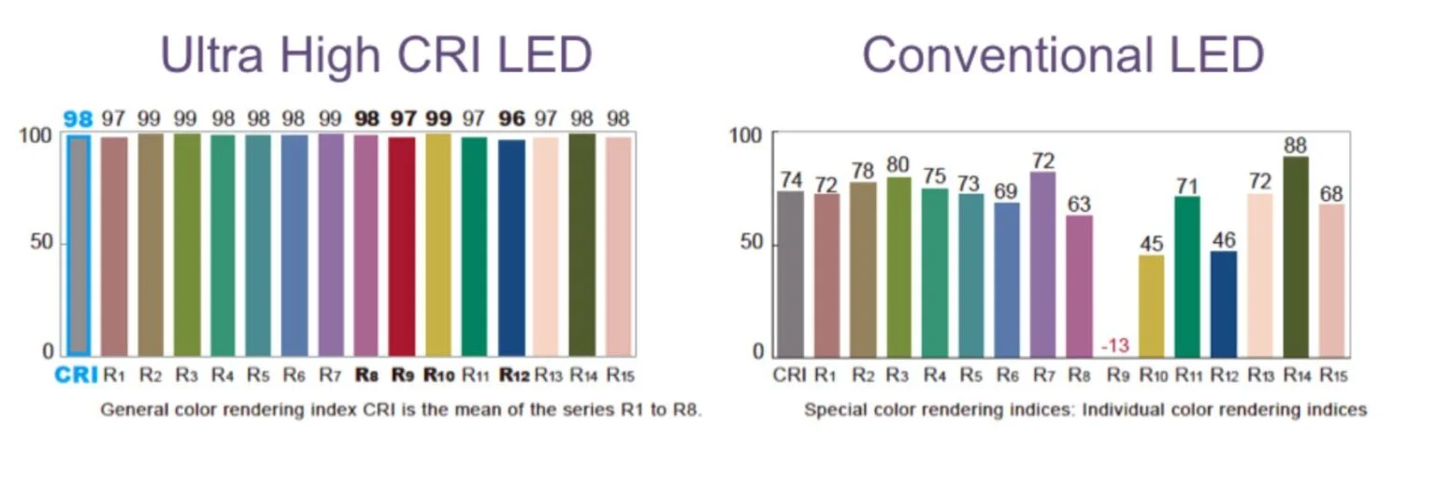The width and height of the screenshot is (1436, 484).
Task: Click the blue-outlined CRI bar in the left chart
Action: coord(79,245)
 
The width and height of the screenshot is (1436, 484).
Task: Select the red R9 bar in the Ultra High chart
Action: coord(401,246)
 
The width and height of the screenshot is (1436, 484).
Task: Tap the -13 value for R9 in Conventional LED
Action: coord(1115,346)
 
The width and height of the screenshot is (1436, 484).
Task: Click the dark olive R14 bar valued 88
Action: coord(1296,256)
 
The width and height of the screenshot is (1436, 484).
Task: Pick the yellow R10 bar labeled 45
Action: coord(1152,306)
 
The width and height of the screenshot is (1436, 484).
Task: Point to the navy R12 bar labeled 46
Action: coord(1224,304)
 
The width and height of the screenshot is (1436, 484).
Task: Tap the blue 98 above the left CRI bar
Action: coord(79,119)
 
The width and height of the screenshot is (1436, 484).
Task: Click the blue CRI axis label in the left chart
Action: coord(78,376)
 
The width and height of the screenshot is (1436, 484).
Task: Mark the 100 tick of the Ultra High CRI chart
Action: coord(36,135)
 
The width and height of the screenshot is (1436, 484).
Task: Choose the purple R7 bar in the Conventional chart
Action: coord(1043,263)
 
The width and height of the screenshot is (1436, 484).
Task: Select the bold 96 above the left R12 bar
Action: coord(511,119)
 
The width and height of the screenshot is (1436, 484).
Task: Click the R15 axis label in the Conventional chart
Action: coord(1333,376)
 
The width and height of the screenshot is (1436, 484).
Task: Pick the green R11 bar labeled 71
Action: coord(1187,277)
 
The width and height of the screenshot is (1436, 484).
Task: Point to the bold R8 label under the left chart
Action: coord(366,376)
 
